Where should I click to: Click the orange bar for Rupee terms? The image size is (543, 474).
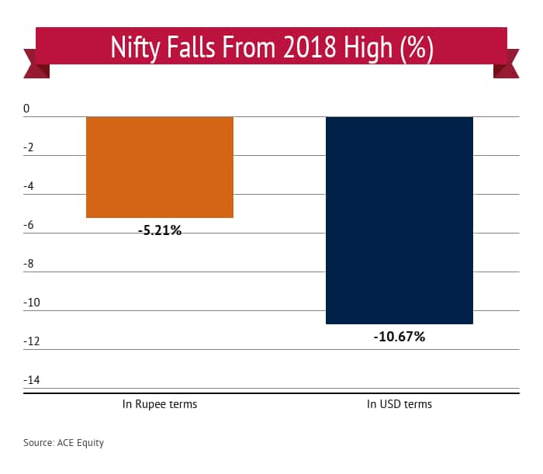click(159, 167)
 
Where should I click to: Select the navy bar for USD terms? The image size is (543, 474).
click(399, 220)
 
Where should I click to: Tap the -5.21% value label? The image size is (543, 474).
click(160, 230)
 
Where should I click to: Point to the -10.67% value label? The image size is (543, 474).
click(399, 337)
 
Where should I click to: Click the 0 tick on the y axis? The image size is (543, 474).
click(26, 109)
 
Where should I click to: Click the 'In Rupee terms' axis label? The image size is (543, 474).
click(159, 404)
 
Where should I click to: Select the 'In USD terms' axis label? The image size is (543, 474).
click(399, 404)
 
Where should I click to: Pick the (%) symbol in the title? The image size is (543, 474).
click(413, 48)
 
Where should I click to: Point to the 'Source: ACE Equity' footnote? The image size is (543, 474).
click(63, 443)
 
